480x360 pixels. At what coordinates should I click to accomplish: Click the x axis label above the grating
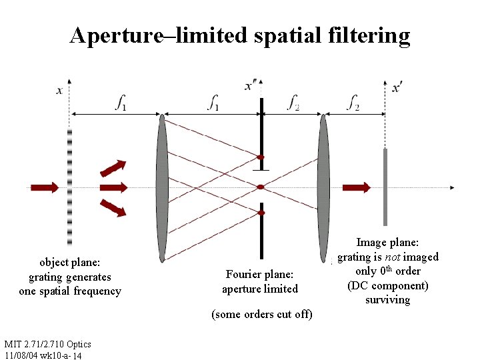tap(60, 91)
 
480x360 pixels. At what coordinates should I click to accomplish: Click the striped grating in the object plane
tap(69, 187)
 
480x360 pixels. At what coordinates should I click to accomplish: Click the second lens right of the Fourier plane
tap(324, 187)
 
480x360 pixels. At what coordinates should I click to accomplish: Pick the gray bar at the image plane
tap(385, 187)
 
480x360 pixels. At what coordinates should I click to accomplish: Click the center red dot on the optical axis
tap(261, 187)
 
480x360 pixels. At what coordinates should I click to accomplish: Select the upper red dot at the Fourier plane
tap(261, 158)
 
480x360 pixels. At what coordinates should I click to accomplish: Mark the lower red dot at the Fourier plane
tap(261, 213)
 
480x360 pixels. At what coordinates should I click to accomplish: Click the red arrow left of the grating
tap(44, 187)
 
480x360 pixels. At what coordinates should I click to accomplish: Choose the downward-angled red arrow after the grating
tap(114, 208)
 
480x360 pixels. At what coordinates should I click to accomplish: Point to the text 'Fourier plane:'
tap(259, 274)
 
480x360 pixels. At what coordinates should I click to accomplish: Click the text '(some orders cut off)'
tap(261, 314)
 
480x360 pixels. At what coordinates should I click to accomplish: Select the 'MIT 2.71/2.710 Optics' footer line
tap(47, 344)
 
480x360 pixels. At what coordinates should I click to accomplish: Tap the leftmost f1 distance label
tap(121, 103)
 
